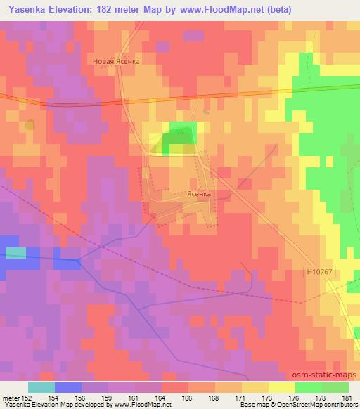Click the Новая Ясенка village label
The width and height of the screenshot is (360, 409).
(117, 61)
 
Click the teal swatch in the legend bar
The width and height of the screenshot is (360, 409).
(41, 387)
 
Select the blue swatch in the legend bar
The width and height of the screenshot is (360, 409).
(68, 387)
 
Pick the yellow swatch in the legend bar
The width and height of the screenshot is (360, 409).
(281, 387)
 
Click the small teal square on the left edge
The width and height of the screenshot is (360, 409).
(15, 252)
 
